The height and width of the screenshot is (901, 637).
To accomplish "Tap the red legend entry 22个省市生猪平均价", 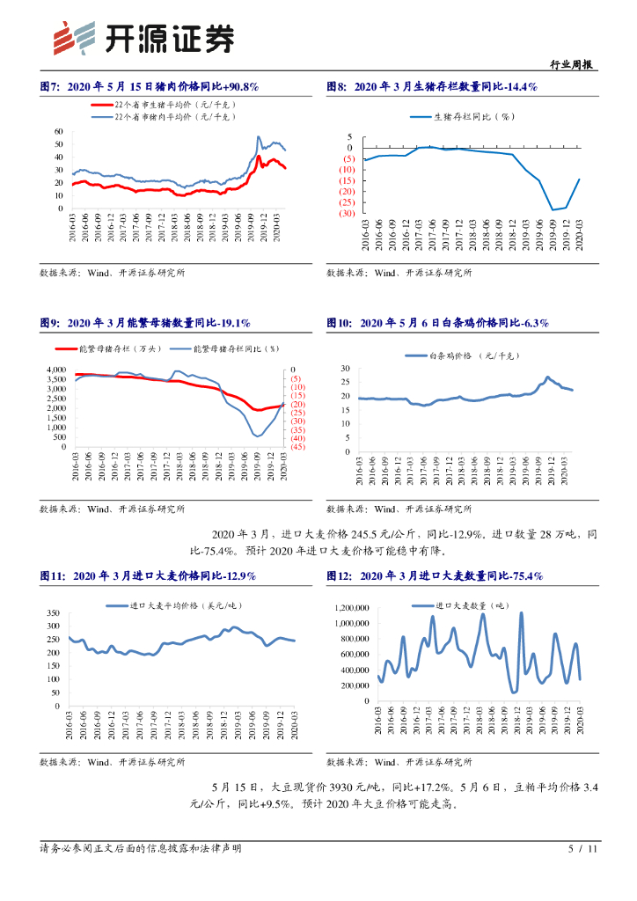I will pyautogui.click(x=173, y=104).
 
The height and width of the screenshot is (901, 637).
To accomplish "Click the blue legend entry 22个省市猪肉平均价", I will pyautogui.click(x=173, y=115).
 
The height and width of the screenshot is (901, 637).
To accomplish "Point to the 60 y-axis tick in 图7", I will pyautogui.click(x=58, y=131).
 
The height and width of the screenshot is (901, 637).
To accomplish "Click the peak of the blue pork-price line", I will pyautogui.click(x=258, y=137).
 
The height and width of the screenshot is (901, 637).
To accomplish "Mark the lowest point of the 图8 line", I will pyautogui.click(x=553, y=210).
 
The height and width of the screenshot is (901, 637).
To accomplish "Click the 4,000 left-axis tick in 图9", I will pyautogui.click(x=55, y=370).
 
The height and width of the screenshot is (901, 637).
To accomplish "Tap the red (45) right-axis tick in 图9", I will pyautogui.click(x=297, y=447).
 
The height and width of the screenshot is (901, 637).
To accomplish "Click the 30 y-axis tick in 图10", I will pyautogui.click(x=344, y=369).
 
